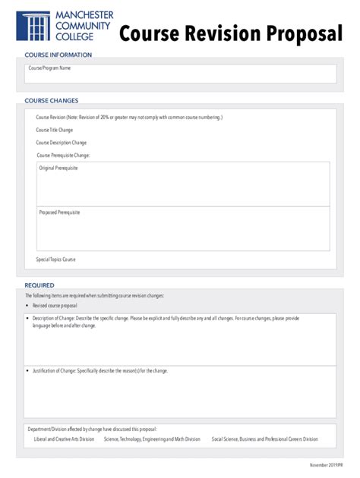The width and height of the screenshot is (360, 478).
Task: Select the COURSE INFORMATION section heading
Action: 58,55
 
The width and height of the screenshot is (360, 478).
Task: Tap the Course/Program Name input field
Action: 180,74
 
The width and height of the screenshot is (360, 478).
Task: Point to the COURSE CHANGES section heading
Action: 52,100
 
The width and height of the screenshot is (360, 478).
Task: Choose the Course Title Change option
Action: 55,130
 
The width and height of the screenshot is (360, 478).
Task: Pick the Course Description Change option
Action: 61,143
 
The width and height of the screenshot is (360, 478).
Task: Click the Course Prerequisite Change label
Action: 63,156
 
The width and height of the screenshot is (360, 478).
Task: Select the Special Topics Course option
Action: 55,259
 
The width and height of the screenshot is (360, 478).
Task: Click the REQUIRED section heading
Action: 39,285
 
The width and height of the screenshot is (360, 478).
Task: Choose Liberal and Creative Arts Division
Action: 65,439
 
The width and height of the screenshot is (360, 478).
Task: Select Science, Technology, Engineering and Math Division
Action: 152,439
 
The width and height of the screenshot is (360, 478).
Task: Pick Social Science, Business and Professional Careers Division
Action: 264,439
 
